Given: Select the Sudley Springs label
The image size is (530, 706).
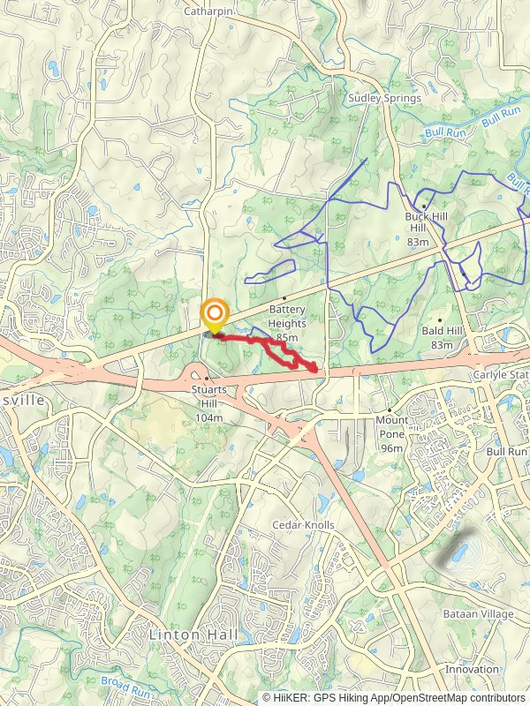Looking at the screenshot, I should (384, 98).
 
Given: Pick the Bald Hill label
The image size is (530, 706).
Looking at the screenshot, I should (443, 331).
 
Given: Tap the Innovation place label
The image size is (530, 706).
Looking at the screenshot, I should (471, 669).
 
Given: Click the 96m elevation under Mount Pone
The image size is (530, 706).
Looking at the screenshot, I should (391, 448).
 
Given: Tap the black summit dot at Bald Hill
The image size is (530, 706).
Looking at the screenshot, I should (440, 319).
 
